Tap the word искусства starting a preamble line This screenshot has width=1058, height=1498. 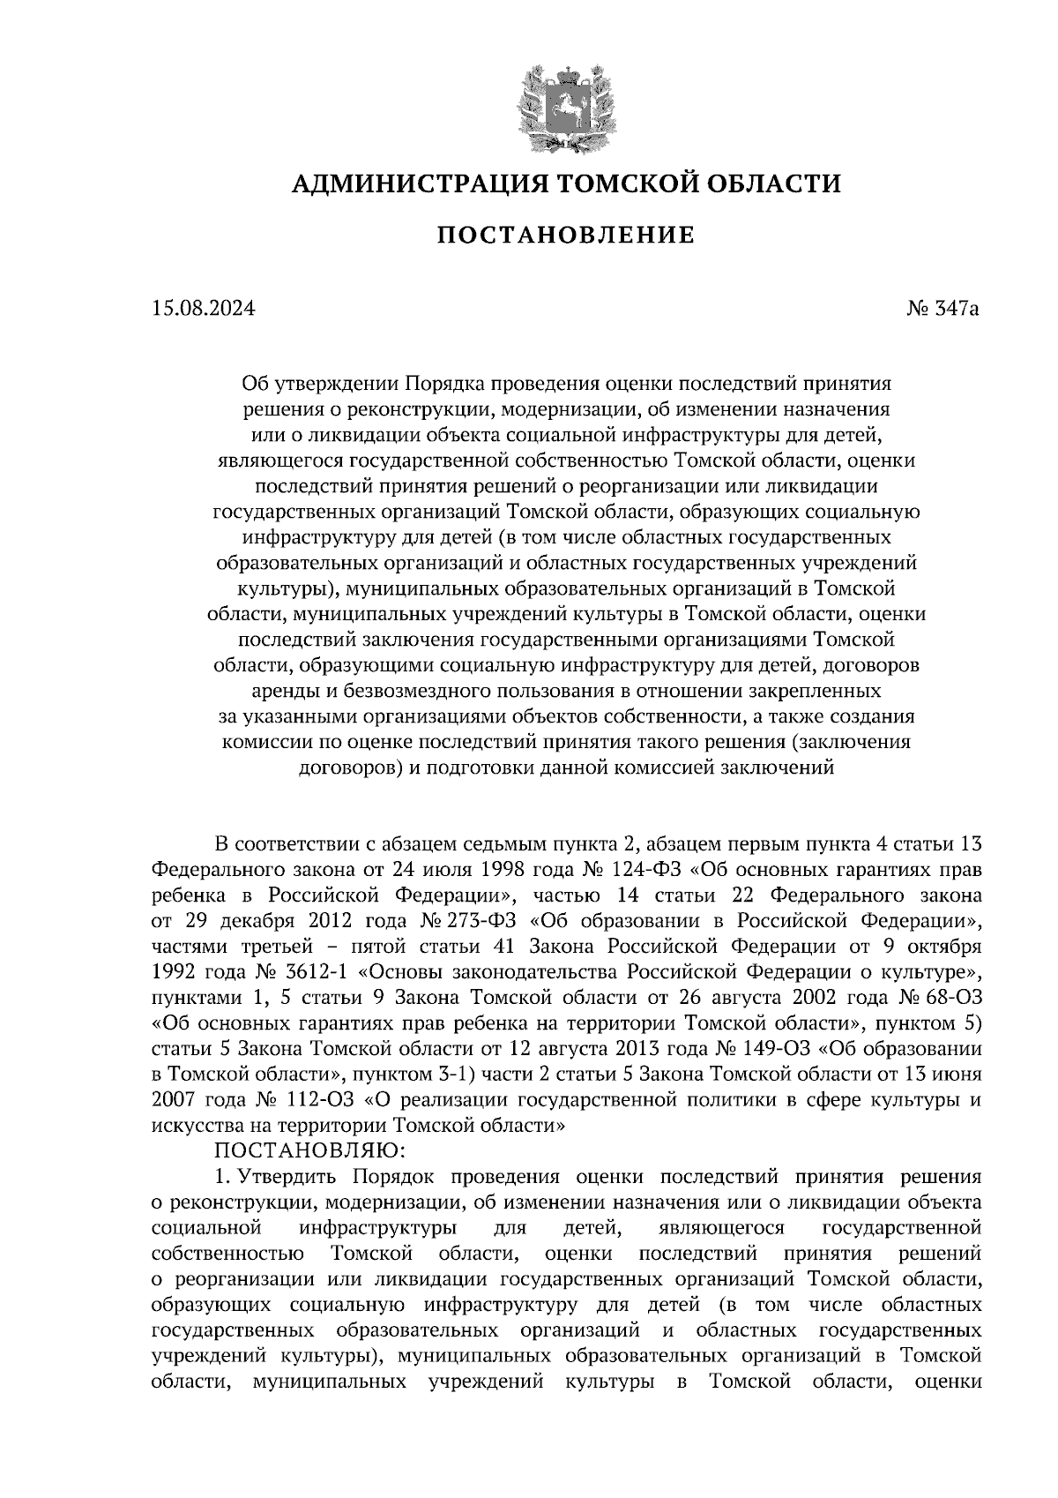pyautogui.click(x=193, y=1126)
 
